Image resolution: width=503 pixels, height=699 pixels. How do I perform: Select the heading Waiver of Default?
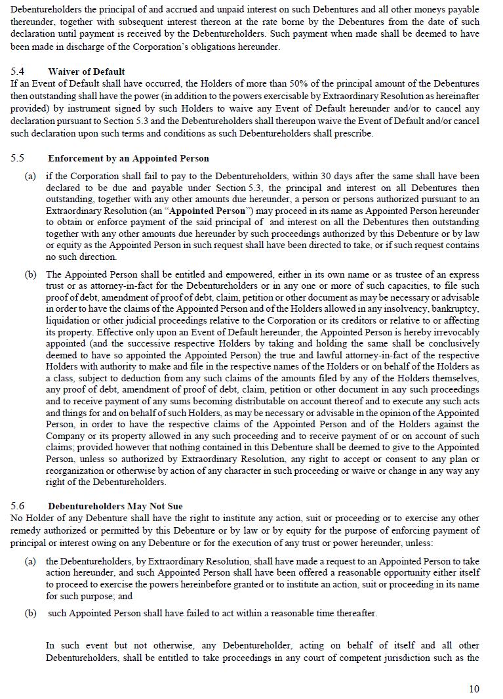(86, 72)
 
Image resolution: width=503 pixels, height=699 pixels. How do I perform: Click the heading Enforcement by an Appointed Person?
(129, 158)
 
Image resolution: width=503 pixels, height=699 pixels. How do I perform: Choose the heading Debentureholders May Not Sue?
(115, 506)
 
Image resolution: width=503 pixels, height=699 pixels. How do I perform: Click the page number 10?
(474, 688)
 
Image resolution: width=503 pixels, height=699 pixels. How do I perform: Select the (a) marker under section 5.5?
(30, 177)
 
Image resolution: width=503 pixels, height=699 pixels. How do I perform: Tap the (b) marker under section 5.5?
(30, 274)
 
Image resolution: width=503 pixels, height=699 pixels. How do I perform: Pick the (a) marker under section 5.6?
(30, 561)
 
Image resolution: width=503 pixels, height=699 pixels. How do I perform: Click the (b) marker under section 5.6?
(30, 613)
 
